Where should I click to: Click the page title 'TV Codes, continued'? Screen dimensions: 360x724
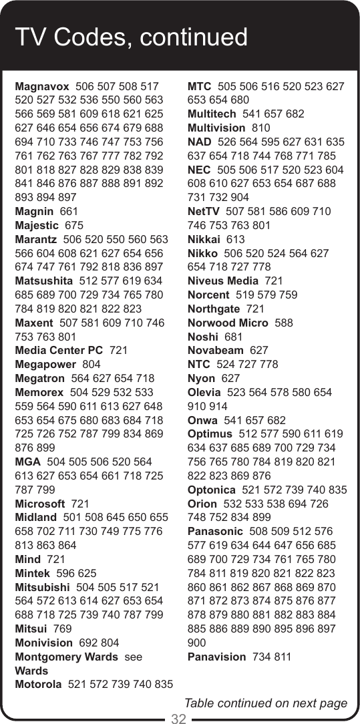132,37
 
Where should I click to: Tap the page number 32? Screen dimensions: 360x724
179,718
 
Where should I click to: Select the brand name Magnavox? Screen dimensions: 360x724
41,86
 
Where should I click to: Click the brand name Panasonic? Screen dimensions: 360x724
216,532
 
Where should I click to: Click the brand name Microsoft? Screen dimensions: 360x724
39,504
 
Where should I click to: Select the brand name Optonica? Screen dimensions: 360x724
215,490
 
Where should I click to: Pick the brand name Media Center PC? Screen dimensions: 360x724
59,350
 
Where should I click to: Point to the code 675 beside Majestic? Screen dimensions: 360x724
74,225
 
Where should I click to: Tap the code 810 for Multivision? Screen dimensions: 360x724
261,128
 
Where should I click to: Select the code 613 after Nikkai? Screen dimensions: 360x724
236,239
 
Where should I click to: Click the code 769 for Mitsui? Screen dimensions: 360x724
63,628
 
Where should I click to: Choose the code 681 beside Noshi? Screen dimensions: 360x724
234,337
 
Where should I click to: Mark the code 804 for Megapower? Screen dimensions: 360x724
91,364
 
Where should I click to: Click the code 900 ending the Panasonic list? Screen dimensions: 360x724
198,643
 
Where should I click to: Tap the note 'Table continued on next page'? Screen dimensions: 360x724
266,703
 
